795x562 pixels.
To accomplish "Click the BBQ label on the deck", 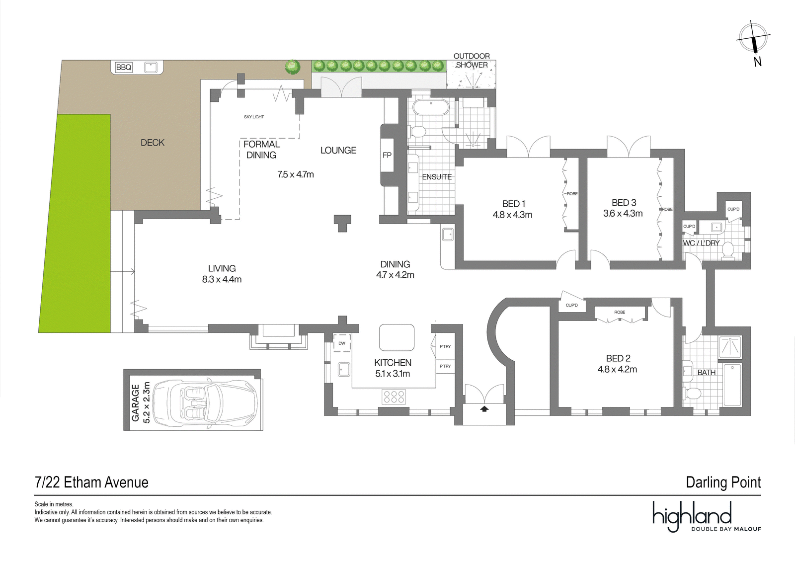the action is tap(124, 67).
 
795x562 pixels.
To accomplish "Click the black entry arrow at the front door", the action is tap(484, 409).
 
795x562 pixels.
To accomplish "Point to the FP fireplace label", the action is tap(387, 155).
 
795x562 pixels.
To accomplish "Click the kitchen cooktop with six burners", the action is tap(394, 397).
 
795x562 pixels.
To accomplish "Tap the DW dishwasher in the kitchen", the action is tap(342, 343).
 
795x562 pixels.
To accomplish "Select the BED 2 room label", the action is tap(618, 358).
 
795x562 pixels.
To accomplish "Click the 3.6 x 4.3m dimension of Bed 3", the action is tap(623, 213).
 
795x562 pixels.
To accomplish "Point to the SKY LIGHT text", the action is tap(254, 117).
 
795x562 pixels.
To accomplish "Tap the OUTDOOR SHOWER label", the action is tap(472, 60).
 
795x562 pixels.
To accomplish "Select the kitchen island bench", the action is tap(397, 337).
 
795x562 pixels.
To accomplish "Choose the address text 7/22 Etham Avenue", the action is tap(91, 482).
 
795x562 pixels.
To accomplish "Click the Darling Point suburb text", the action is tap(723, 482).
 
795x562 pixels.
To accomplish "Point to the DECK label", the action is tap(153, 143).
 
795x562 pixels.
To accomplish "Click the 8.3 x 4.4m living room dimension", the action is tap(222, 279).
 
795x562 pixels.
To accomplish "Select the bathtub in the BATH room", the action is tap(732, 385).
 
